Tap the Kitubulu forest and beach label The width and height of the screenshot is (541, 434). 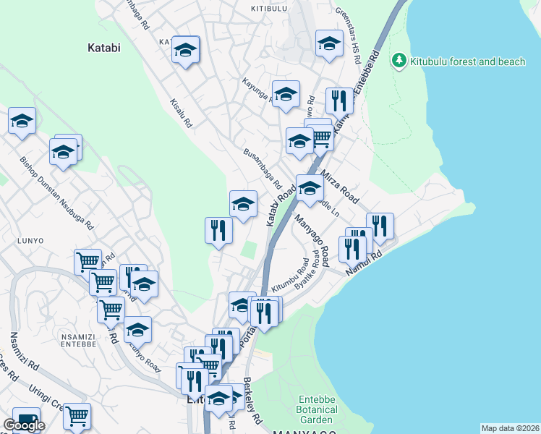(467, 61)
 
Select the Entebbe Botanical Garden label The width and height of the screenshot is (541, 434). (316, 409)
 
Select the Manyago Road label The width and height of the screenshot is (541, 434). (310, 239)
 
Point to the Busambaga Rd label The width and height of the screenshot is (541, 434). (262, 166)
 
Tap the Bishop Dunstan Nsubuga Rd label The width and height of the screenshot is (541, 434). (57, 193)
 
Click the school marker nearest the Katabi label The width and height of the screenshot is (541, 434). (186, 50)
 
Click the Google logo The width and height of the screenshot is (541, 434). (24, 425)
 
